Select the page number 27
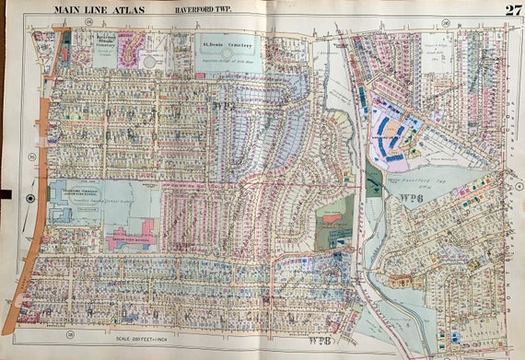pos(512,10)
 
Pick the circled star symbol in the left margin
pos(30,198)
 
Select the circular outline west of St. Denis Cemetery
pos(147,61)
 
